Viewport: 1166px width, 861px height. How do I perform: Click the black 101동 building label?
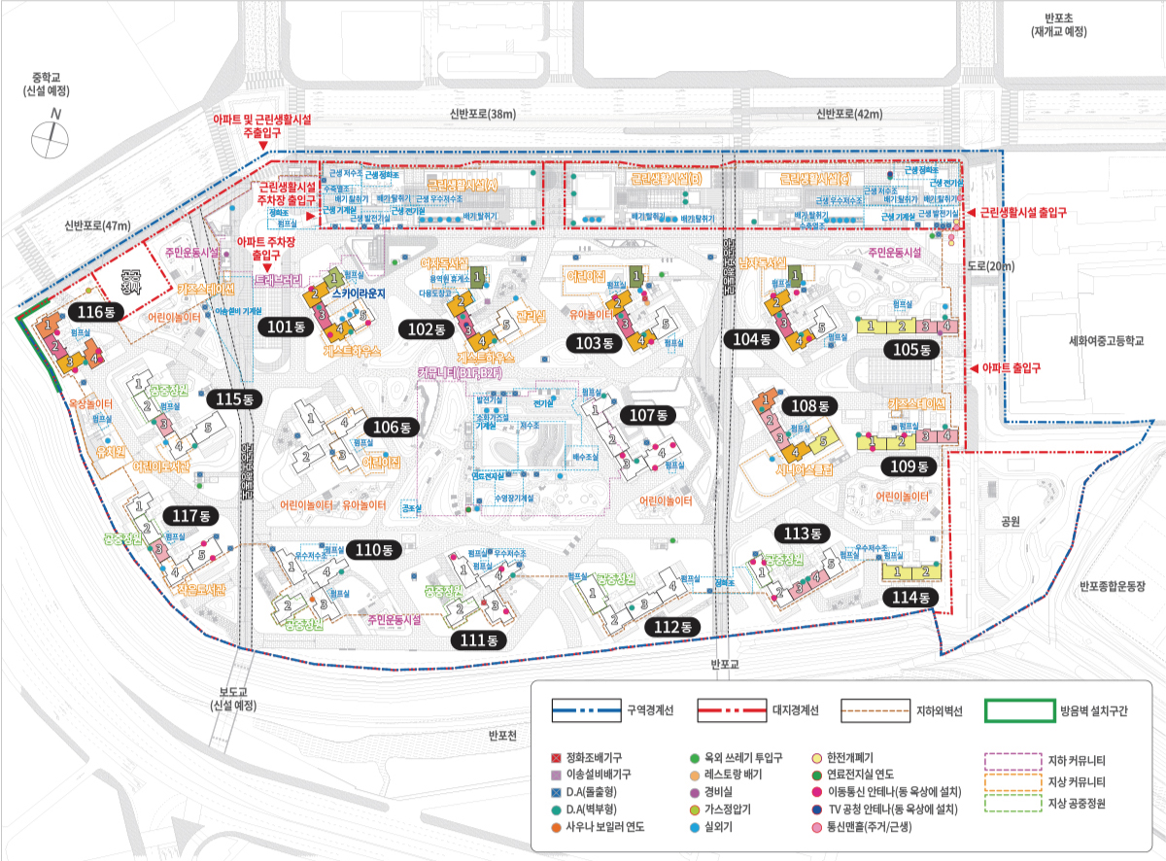(286, 327)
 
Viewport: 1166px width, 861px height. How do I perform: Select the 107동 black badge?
(650, 415)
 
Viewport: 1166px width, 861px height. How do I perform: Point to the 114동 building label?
(909, 598)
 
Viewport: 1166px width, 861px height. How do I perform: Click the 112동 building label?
(671, 627)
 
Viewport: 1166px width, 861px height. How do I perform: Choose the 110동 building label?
(372, 550)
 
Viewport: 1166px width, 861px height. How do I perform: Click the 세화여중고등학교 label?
(1107, 341)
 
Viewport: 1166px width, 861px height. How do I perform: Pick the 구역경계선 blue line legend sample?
(585, 710)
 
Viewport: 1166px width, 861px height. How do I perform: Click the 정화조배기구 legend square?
(556, 757)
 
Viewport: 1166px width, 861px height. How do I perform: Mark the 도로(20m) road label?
(990, 265)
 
